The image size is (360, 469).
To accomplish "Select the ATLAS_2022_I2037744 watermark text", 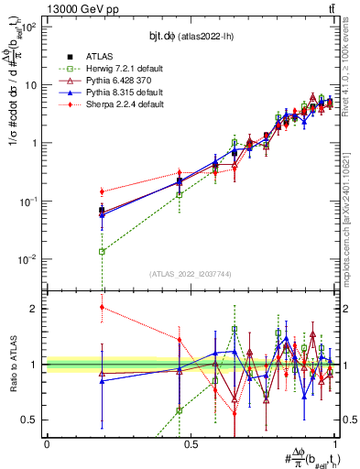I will pyautogui.click(x=191, y=274).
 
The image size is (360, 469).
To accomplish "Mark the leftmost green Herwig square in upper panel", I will pyautogui.click(x=102, y=251).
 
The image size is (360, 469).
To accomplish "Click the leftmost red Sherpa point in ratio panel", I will pyautogui.click(x=102, y=307).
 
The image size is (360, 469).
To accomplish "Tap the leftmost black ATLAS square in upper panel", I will pyautogui.click(x=102, y=211).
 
